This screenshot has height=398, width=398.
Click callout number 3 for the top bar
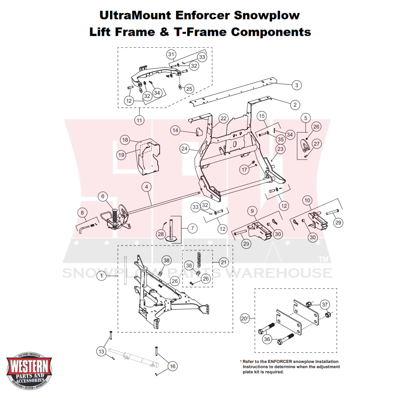pos(296,85)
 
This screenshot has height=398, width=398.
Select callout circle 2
pos(295,105)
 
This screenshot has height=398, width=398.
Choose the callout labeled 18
pos(125,140)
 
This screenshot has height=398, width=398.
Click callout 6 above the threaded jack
pos(103,196)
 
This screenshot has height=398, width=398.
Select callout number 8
pos(82,213)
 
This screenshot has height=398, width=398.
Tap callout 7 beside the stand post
pos(192,228)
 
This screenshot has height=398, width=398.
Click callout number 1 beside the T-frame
pos(101,275)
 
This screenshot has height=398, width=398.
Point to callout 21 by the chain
pos(224,262)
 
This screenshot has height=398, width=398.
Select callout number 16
pos(172,366)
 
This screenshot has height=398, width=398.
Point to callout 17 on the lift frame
pos(244,169)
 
